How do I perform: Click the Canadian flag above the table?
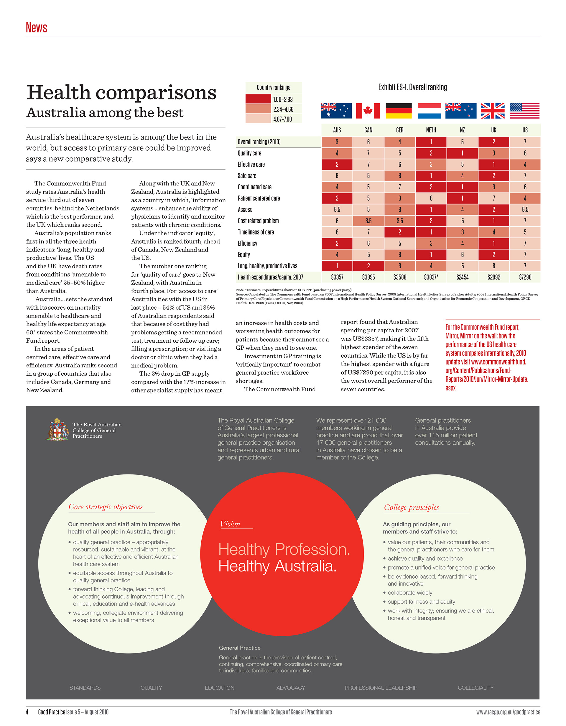[x=368, y=111]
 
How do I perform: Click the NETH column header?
[x=431, y=130]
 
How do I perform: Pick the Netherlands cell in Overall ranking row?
[x=431, y=142]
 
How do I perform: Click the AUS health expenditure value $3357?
[x=337, y=277]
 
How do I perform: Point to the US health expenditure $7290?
[x=525, y=277]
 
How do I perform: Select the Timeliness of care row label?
[x=256, y=232]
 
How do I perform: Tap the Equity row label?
[x=244, y=255]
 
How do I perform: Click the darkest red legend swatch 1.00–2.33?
[x=258, y=99]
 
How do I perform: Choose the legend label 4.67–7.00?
[x=282, y=119]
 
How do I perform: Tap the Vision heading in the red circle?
[x=230, y=524]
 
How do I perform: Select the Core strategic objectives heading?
[x=106, y=507]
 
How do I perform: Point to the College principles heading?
[x=412, y=507]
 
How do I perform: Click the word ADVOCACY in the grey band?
[x=291, y=688]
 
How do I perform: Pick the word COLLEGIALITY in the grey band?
[x=475, y=688]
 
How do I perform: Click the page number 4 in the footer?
[x=27, y=712]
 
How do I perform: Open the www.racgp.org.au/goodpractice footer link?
[x=508, y=712]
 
